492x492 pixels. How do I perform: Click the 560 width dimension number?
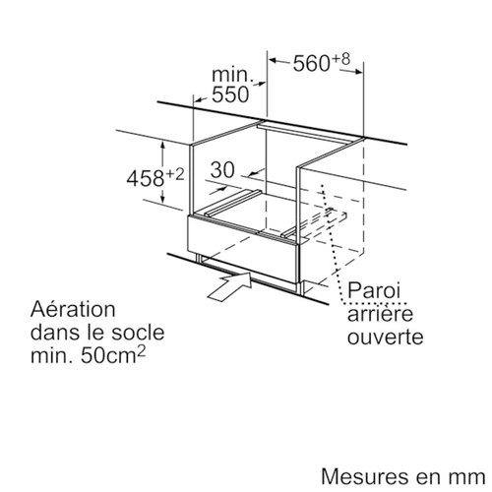(x=311, y=64)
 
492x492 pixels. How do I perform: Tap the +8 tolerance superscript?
(x=341, y=59)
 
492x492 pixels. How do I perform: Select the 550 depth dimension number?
(x=230, y=94)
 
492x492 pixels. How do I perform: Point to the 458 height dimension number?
(x=146, y=179)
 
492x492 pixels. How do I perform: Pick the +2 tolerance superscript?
(x=174, y=174)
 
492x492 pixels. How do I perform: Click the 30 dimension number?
(x=222, y=169)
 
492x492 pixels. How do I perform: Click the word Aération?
(x=73, y=309)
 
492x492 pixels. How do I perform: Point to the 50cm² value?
(x=113, y=355)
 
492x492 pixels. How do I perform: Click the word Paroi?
(x=374, y=290)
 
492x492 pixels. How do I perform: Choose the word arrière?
(x=380, y=313)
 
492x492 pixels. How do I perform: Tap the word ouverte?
(x=385, y=337)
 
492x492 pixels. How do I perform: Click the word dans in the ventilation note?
(x=52, y=333)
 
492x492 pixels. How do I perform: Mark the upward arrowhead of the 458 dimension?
(x=163, y=146)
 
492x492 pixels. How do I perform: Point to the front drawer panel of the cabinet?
(x=242, y=249)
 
